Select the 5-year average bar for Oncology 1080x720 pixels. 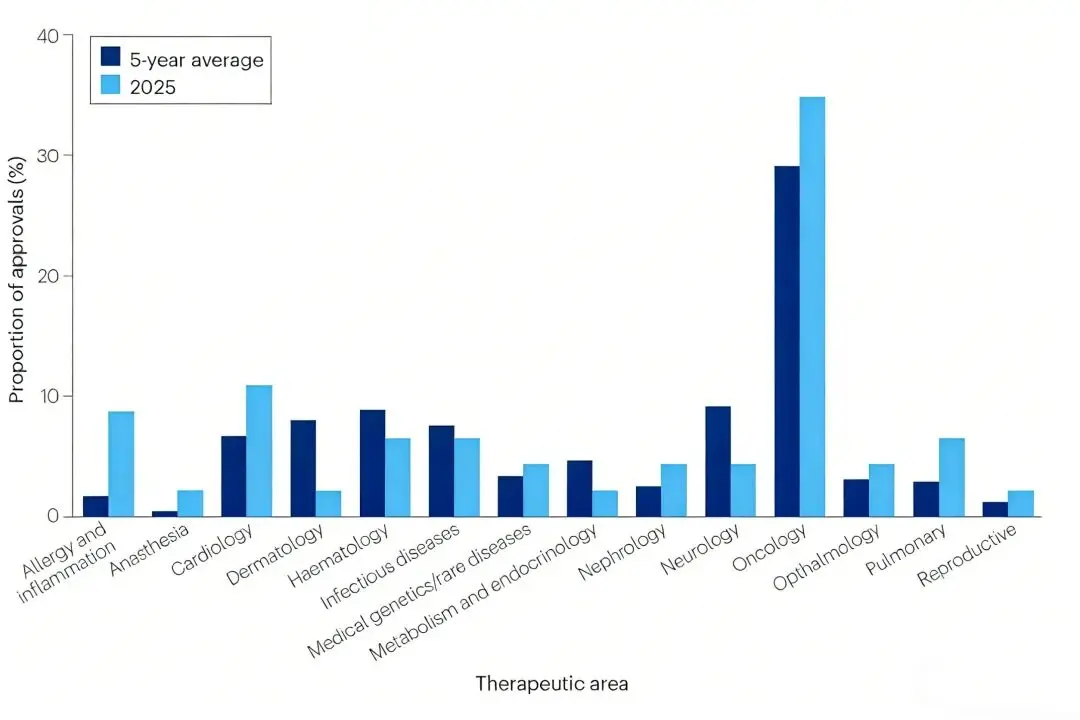[787, 341]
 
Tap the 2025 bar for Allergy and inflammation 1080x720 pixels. [121, 464]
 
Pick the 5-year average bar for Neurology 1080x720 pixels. [718, 461]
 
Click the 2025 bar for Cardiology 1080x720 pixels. [259, 451]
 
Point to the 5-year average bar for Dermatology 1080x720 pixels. [303, 468]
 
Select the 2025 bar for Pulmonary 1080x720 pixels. [951, 477]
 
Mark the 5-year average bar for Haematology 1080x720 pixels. [372, 463]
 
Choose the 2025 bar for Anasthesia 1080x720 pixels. [190, 503]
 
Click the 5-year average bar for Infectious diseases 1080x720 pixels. [441, 471]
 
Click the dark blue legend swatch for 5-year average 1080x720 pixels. [111, 59]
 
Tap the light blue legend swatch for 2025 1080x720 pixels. [111, 86]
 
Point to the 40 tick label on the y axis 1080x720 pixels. [49, 35]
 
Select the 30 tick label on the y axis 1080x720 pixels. [49, 156]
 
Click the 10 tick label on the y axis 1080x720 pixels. [49, 396]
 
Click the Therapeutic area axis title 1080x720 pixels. [552, 684]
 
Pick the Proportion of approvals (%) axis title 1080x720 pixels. [17, 276]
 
